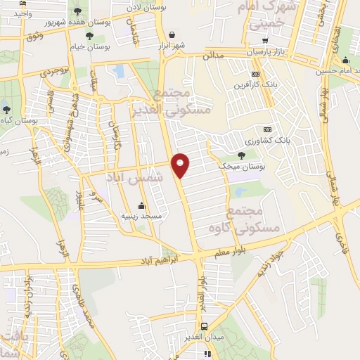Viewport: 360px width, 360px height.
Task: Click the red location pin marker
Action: click(181, 165)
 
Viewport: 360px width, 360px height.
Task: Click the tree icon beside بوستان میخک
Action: click(242, 155)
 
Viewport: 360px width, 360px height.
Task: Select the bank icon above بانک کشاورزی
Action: click(266, 129)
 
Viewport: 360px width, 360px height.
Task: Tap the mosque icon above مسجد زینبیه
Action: click(142, 206)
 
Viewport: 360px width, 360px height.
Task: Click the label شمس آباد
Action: click(134, 178)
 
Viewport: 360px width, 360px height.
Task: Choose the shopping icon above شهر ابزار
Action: click(172, 34)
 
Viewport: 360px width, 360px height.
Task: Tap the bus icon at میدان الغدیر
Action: click(204, 326)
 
